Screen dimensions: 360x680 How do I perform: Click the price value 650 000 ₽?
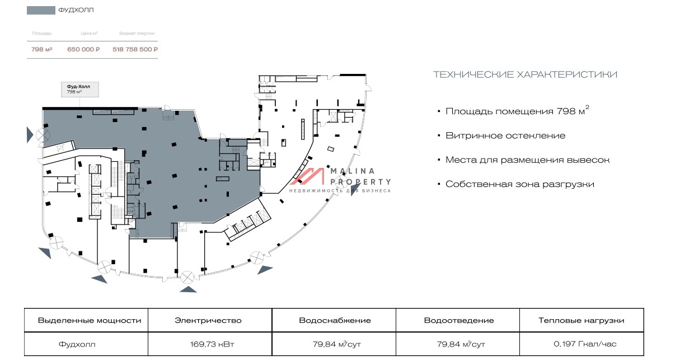pyautogui.click(x=83, y=49)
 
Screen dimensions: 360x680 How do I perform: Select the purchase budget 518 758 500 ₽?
pyautogui.click(x=135, y=49)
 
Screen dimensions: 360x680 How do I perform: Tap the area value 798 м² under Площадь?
pyautogui.click(x=42, y=49)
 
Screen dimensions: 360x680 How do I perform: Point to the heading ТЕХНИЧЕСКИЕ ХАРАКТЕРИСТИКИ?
pyautogui.click(x=525, y=74)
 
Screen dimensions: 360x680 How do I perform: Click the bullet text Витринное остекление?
pyautogui.click(x=505, y=135)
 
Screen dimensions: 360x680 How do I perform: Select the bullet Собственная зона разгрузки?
pyautogui.click(x=519, y=184)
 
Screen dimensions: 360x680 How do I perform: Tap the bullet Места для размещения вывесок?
pyautogui.click(x=527, y=160)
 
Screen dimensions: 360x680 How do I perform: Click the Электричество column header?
pyautogui.click(x=208, y=321)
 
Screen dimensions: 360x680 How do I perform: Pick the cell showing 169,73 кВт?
pyautogui.click(x=208, y=344)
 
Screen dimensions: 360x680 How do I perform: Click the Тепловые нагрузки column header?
pyautogui.click(x=581, y=321)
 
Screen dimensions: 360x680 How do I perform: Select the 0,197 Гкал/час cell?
pyautogui.click(x=581, y=344)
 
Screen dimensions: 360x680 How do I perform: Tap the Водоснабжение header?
pyautogui.click(x=334, y=321)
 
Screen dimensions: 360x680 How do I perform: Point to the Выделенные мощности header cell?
pyautogui.click(x=89, y=321)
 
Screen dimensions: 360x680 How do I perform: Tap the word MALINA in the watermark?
pyautogui.click(x=352, y=171)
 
